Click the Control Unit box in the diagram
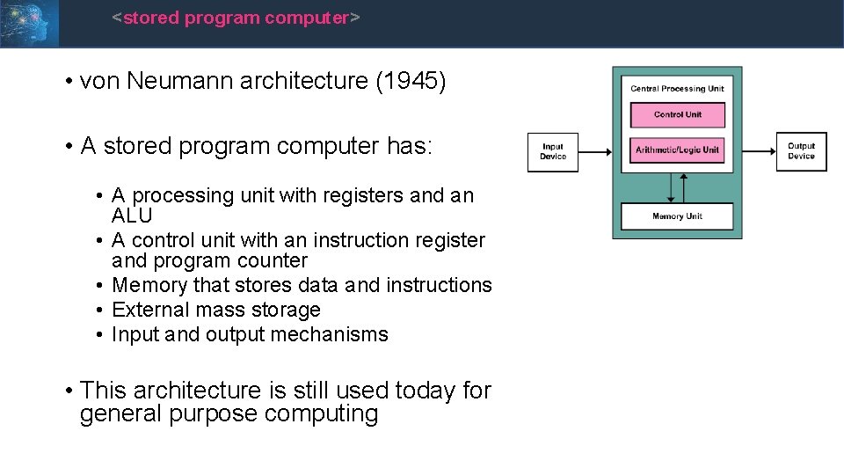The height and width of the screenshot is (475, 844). [677, 115]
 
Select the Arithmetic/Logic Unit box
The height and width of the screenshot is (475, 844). [677, 150]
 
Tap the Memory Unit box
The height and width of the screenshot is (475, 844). [677, 216]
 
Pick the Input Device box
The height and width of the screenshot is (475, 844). [553, 152]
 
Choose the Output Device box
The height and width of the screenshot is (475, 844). [801, 151]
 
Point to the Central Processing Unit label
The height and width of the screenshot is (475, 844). [677, 89]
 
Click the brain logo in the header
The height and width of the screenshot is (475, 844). [29, 23]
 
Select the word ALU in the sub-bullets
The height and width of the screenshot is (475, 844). [132, 216]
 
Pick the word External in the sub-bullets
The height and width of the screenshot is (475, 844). [147, 310]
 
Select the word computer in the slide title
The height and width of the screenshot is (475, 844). [306, 18]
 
